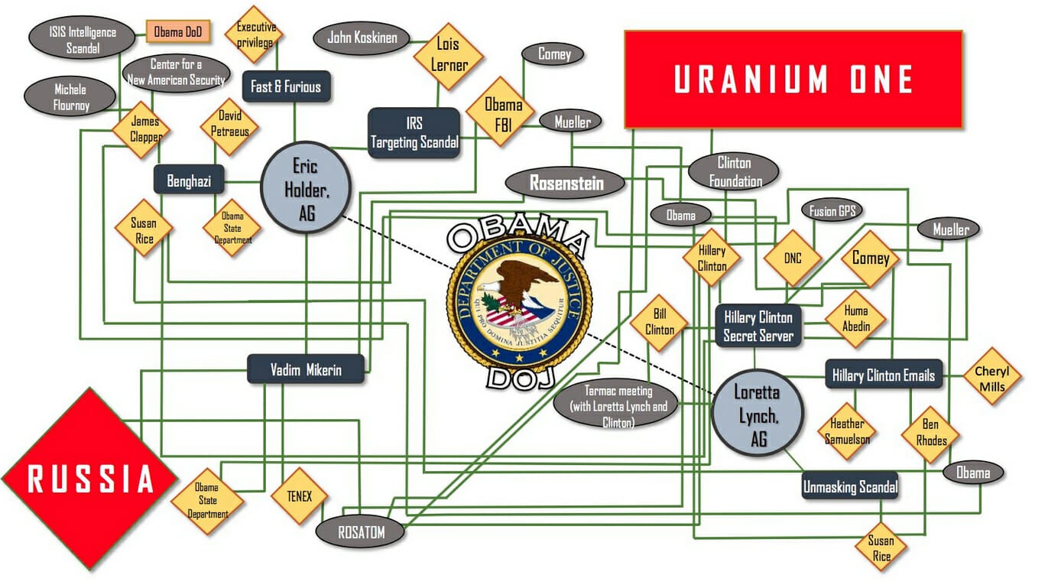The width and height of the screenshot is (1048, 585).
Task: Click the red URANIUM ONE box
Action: [793, 79]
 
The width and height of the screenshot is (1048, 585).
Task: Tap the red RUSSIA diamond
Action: [90, 478]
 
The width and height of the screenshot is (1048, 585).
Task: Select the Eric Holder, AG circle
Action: [306, 187]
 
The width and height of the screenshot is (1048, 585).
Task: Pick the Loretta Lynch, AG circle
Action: [758, 413]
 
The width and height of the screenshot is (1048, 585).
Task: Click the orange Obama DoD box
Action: [178, 32]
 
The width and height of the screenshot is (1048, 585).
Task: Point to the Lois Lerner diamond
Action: [448, 56]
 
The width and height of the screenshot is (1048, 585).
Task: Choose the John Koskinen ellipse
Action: [362, 38]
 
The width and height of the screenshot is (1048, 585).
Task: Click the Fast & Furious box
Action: [287, 86]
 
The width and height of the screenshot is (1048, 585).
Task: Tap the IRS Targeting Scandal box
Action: [414, 133]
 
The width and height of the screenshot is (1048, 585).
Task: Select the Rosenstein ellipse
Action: [565, 183]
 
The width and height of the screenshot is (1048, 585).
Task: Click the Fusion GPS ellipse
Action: [832, 210]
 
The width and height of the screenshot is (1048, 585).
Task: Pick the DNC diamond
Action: [793, 258]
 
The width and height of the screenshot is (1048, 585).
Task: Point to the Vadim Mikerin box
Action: [306, 369]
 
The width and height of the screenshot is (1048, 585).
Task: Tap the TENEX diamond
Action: [300, 496]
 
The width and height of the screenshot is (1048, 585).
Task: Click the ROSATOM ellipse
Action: [360, 532]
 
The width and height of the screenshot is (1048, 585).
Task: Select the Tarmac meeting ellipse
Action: [618, 405]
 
